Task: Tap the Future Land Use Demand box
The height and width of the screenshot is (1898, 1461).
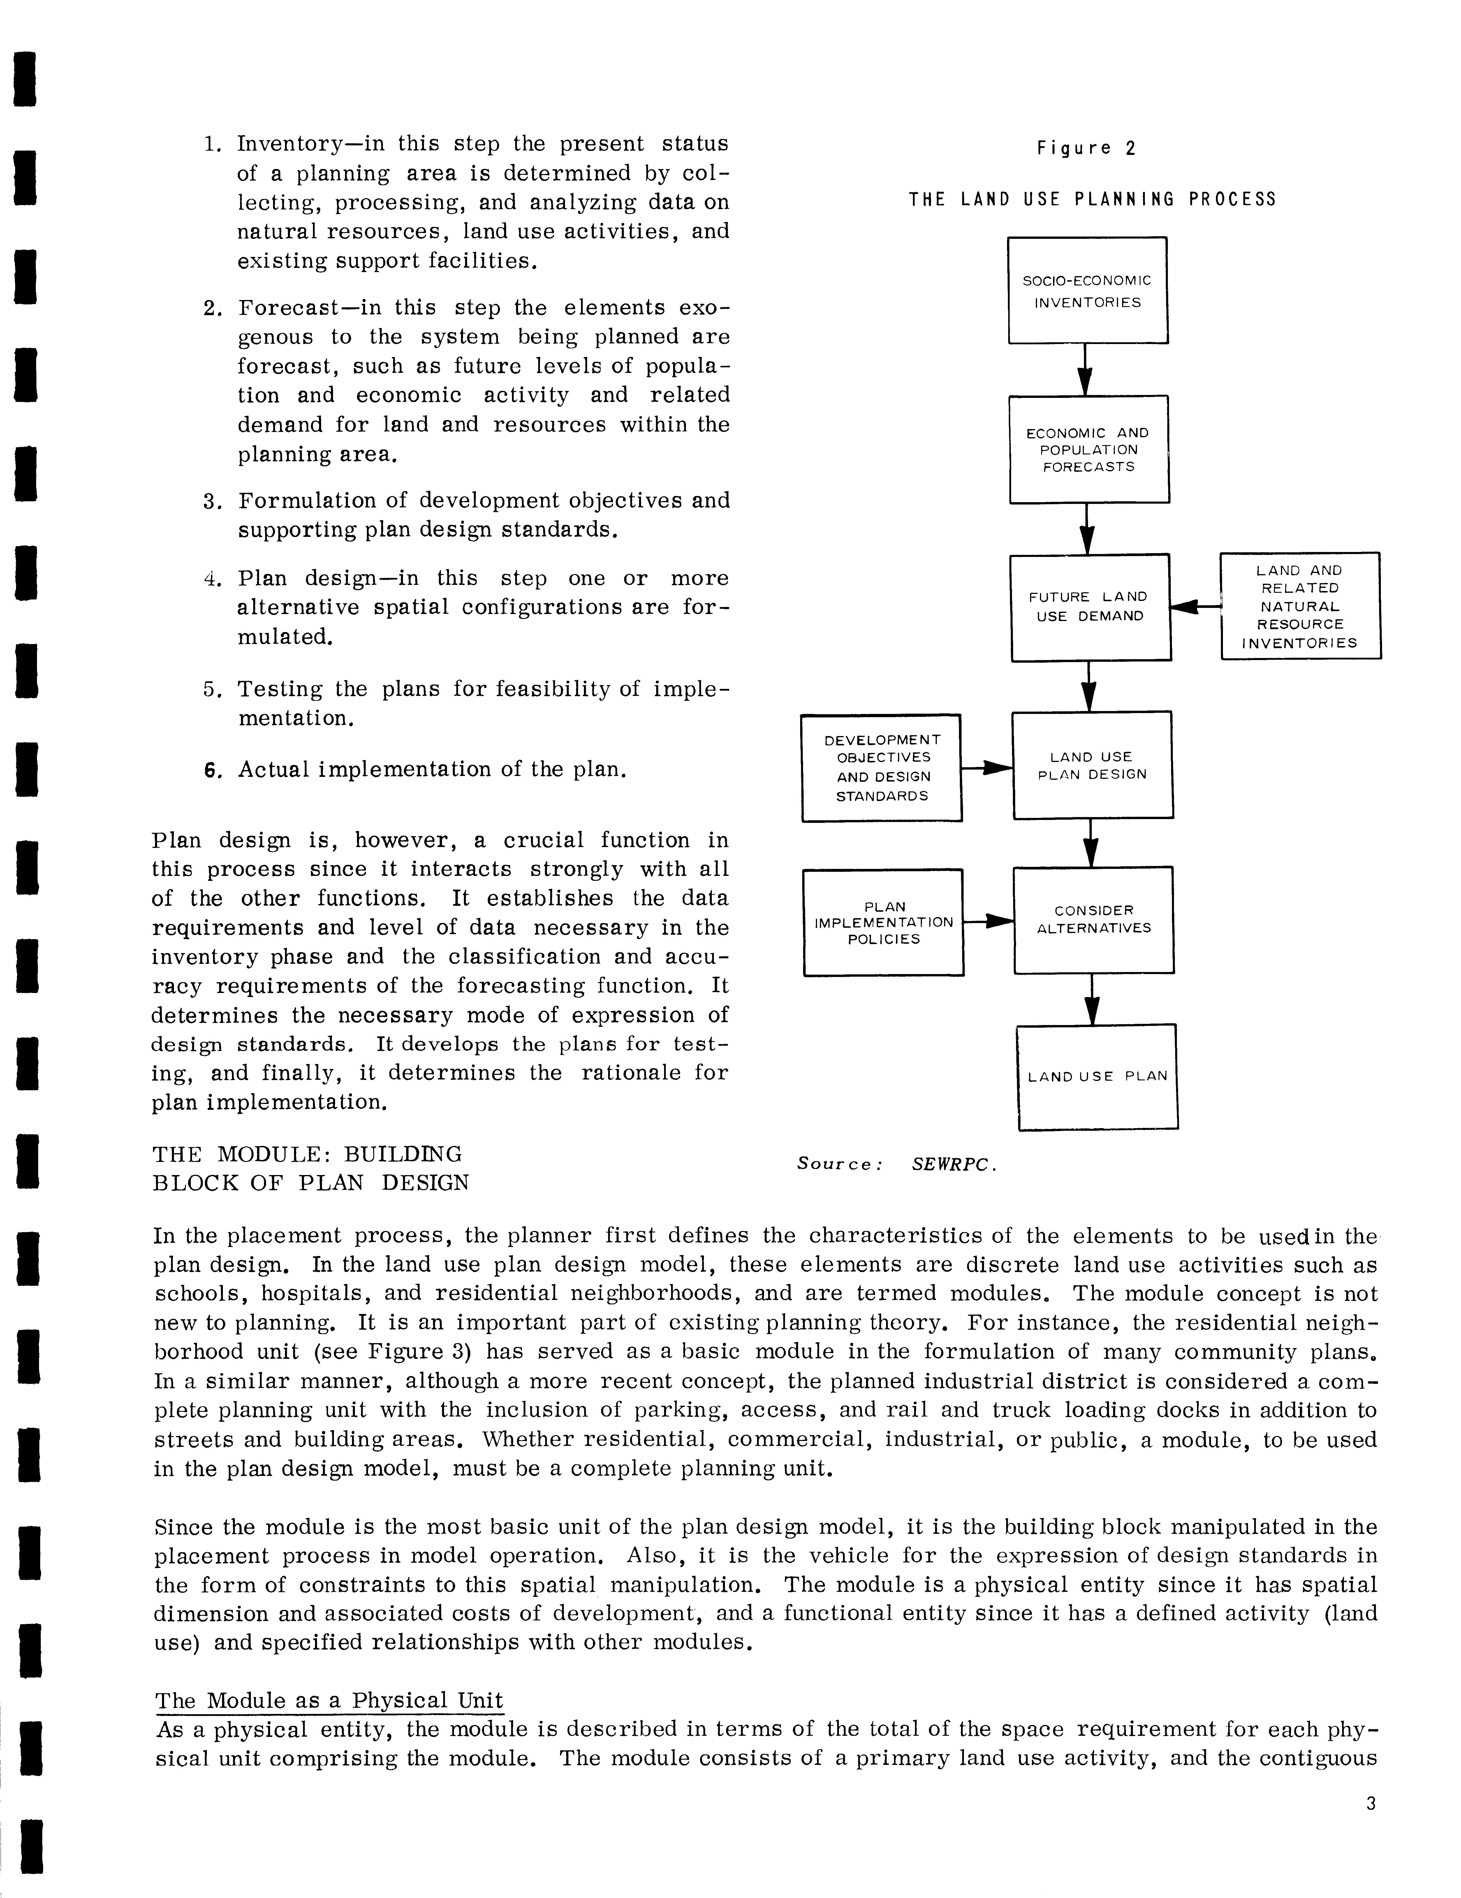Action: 1090,606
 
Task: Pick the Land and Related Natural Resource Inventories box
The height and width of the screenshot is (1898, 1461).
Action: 1300,606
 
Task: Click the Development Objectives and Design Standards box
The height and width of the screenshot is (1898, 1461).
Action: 881,767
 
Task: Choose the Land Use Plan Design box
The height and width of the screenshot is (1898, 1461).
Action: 1092,765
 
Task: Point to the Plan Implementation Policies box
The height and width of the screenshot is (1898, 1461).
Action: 883,922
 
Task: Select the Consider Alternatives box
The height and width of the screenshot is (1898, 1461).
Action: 1093,920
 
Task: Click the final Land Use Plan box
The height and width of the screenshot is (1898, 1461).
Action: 1097,1077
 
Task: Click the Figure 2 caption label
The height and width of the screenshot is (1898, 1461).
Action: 1086,149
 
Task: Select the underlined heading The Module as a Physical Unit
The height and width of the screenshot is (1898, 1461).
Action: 329,1701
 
